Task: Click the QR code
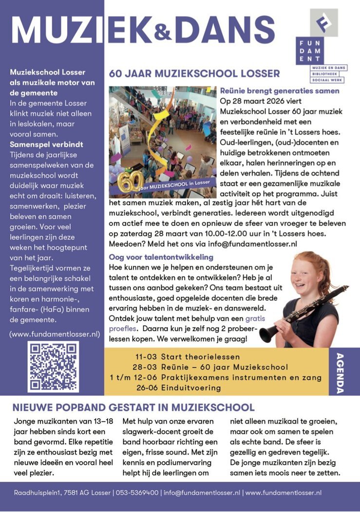(x=53, y=367)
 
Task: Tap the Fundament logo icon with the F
(x=323, y=22)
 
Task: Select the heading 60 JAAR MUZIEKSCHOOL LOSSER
(x=194, y=74)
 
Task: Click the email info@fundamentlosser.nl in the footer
(x=202, y=493)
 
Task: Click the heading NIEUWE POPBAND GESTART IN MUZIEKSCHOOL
(x=133, y=407)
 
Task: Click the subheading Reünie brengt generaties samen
(x=280, y=91)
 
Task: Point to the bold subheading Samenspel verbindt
(x=46, y=144)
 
